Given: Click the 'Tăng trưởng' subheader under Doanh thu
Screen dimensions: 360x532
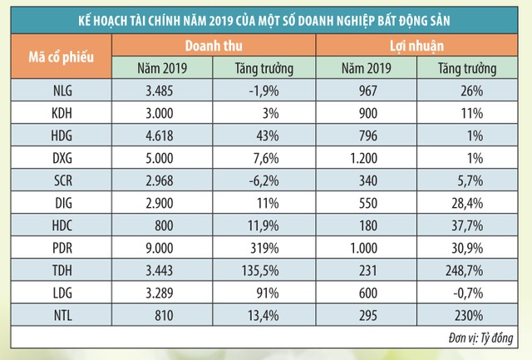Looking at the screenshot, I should [x=264, y=69].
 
